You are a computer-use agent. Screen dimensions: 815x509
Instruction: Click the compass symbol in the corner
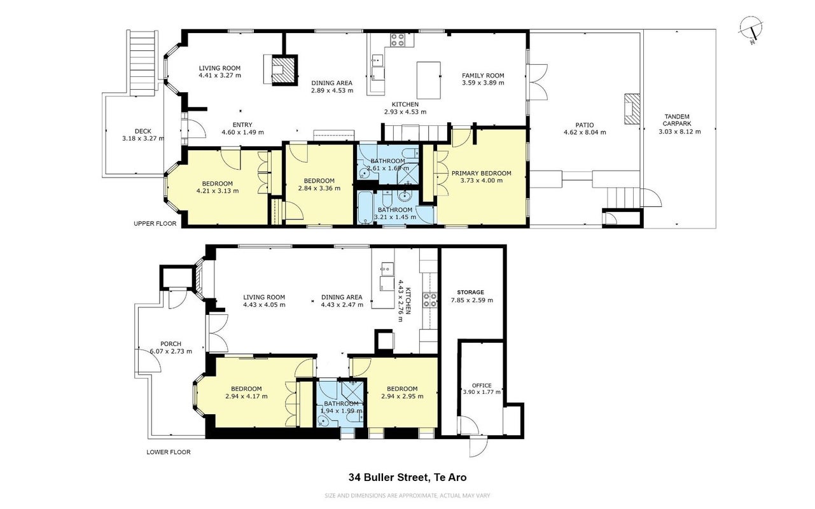751,29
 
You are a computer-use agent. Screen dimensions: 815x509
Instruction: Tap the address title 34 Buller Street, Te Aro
407,477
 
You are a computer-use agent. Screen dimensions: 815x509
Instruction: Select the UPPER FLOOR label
155,223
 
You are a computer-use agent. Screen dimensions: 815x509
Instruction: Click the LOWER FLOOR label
169,452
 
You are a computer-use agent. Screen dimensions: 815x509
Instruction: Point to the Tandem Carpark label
677,120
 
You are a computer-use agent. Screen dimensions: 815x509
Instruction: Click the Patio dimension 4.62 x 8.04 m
585,132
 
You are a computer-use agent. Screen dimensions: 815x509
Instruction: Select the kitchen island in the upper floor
429,80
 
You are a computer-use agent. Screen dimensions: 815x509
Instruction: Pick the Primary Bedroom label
482,173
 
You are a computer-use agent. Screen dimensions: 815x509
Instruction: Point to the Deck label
143,131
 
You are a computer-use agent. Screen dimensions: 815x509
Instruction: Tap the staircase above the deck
144,63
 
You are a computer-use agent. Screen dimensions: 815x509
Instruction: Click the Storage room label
470,292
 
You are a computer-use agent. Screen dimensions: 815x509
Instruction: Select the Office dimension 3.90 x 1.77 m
482,392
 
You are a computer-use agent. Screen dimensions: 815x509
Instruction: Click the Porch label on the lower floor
171,344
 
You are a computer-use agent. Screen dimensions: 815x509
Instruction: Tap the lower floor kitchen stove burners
429,300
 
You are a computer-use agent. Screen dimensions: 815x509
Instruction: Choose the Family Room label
483,76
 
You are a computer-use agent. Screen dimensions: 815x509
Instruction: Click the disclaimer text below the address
407,496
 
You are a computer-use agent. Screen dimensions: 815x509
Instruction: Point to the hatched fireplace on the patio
632,109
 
